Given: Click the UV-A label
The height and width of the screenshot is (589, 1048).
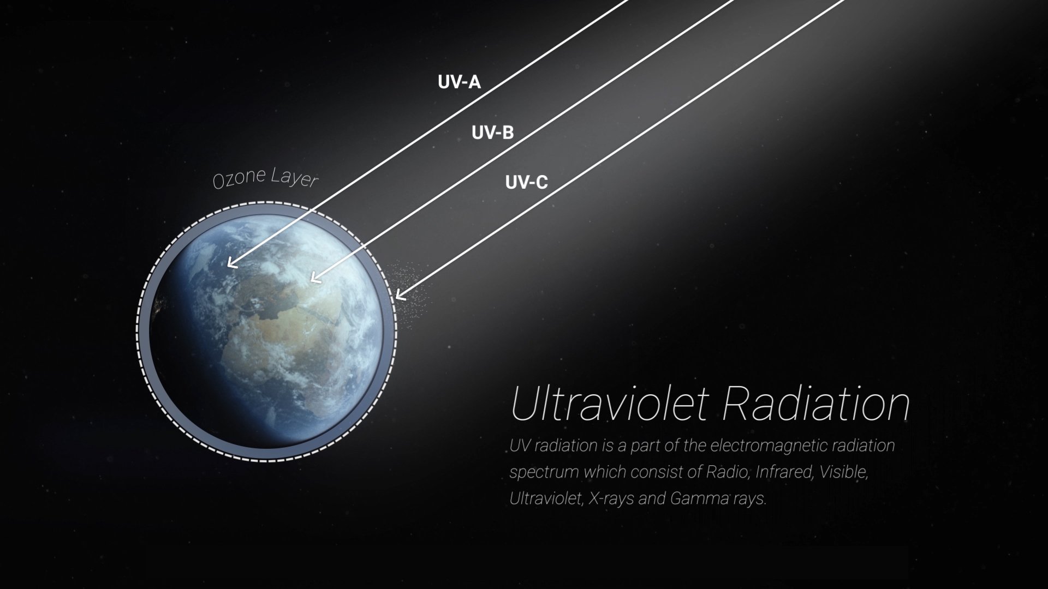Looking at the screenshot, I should (x=459, y=82).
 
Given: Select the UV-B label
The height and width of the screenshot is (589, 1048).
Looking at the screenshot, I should (x=492, y=132).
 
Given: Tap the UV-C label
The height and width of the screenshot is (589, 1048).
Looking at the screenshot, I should (x=526, y=182).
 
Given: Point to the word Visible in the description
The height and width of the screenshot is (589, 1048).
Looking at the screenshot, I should (x=843, y=472).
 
